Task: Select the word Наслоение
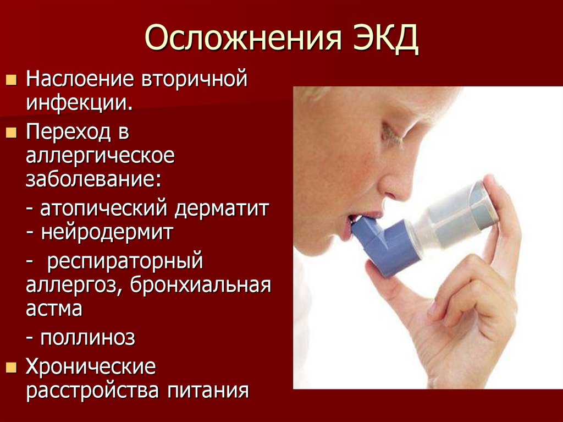[x=81, y=79]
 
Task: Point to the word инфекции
[x=79, y=102]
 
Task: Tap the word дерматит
[x=222, y=210]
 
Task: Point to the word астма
[x=54, y=309]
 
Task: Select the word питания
[x=206, y=391]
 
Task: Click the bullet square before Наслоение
[x=10, y=81]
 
